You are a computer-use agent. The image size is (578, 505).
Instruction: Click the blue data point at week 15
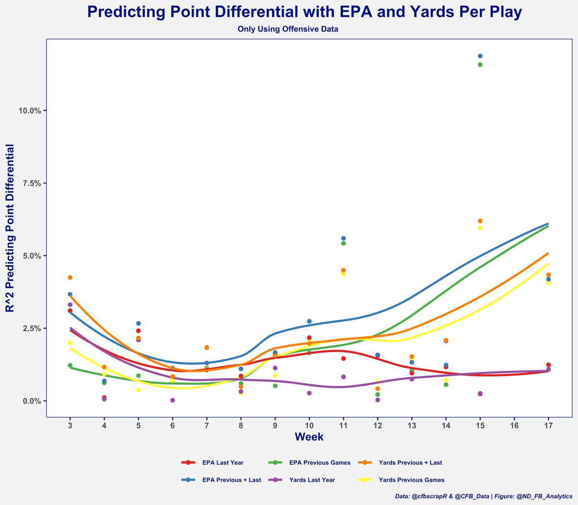tap(480, 56)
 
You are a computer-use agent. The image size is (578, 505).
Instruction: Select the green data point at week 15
tap(480, 64)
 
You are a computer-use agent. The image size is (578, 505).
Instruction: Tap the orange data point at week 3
tap(70, 278)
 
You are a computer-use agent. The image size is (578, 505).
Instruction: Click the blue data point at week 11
tap(343, 239)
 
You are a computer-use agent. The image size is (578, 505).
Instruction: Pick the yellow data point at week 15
tap(480, 228)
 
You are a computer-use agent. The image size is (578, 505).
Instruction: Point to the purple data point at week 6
tap(172, 400)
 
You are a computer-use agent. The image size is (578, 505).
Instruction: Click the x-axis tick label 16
tap(514, 426)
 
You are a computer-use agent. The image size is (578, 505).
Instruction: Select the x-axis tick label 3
tap(70, 426)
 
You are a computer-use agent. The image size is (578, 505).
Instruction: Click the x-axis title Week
tap(309, 437)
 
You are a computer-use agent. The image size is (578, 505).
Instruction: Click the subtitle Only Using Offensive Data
tap(288, 29)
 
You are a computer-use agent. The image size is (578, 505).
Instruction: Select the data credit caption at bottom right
tap(483, 496)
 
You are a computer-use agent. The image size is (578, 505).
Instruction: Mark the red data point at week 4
tap(104, 398)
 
